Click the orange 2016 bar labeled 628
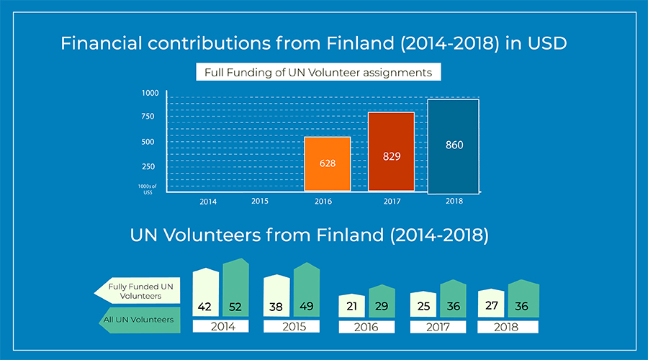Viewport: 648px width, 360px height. coord(328,163)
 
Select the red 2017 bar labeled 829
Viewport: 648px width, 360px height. coord(392,152)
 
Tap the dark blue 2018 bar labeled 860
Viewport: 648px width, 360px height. coord(454,146)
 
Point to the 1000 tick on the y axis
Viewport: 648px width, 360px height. coord(150,93)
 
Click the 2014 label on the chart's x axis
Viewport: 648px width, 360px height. coord(208,202)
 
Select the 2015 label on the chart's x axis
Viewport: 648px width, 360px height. coord(261,201)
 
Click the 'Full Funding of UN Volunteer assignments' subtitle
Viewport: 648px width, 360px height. coord(318,72)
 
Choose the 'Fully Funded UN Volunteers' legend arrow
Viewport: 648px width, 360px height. coord(138,290)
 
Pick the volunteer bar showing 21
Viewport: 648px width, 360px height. coord(351,305)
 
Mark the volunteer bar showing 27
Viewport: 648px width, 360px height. coord(491,302)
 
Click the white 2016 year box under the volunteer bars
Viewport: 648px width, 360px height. coord(366,327)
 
